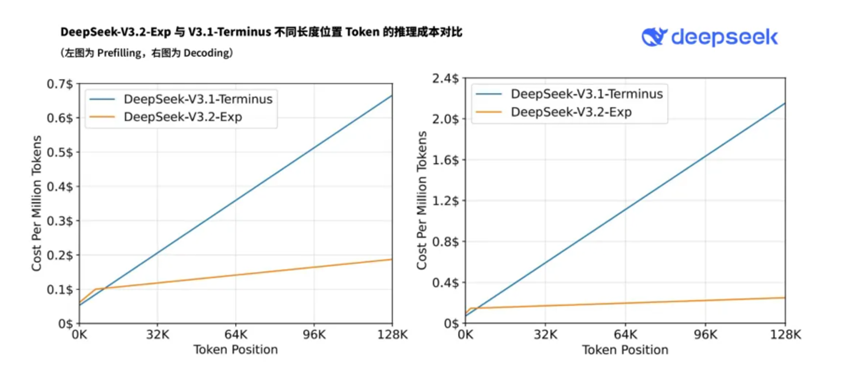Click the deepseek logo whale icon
tap(655, 38)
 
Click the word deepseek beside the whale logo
tap(724, 38)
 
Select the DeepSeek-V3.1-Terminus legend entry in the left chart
tap(198, 99)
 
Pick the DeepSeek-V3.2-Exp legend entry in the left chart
tap(185, 117)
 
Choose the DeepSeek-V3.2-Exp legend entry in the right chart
tap(572, 112)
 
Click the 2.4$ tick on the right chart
tap(443, 78)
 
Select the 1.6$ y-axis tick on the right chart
tap(443, 160)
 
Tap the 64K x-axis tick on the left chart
tap(235, 336)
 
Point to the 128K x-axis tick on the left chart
tap(391, 336)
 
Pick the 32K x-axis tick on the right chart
tap(545, 336)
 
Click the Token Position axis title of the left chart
tap(235, 351)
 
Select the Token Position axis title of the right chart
tap(625, 351)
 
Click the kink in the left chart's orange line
tap(96, 289)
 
